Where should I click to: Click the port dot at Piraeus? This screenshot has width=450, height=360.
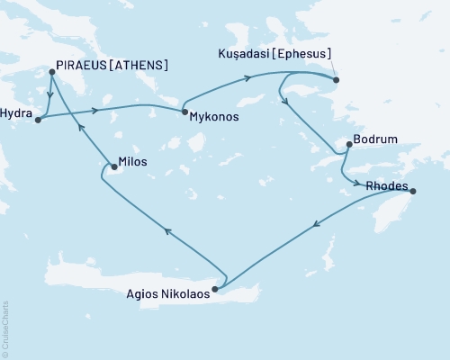tap(51, 72)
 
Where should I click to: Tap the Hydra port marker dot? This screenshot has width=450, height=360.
tap(38, 120)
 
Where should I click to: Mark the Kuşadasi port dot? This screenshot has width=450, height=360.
tap(336, 81)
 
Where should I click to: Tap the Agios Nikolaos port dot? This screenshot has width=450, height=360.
tap(214, 290)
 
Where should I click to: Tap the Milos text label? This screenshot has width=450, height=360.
tap(132, 163)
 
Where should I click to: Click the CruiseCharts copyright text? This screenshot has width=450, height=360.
tap(5, 329)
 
